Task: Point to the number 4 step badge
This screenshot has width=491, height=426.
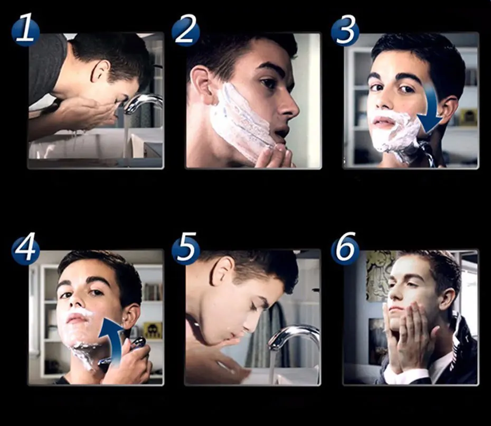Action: click(26, 250)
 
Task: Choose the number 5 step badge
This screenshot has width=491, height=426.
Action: click(186, 250)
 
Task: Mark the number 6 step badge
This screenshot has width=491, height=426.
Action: click(345, 250)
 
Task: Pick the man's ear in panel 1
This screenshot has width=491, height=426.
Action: click(100, 71)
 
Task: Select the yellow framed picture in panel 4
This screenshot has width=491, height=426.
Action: click(153, 330)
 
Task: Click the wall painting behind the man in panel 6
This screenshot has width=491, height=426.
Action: click(380, 275)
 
